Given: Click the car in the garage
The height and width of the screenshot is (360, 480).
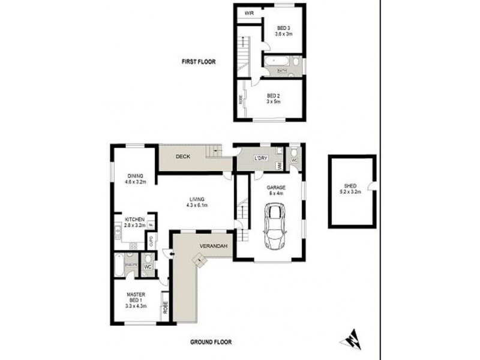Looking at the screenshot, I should coord(275,227).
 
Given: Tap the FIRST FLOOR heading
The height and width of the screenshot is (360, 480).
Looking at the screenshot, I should coord(199,62).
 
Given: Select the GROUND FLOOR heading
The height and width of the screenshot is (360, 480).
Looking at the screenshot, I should coord(211,342).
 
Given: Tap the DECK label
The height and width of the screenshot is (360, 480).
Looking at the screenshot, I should coord(183,157).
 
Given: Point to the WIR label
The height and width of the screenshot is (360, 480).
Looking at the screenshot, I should coord(247,12).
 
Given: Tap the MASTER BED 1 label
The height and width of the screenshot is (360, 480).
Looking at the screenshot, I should coord(137,298).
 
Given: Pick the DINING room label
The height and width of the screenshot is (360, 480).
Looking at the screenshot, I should coord(135,178).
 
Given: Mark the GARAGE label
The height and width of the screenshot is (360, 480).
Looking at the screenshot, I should coord(276,190).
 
